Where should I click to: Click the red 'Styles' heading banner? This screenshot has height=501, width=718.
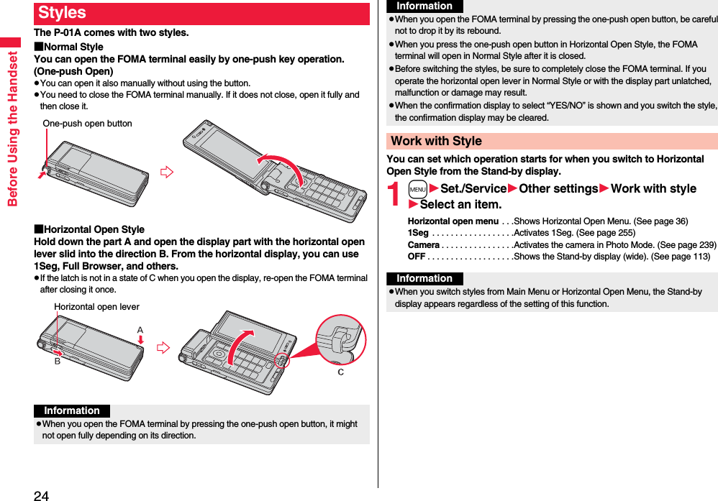201,14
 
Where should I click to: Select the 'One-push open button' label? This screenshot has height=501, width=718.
87,124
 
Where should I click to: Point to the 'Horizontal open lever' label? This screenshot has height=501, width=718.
96,307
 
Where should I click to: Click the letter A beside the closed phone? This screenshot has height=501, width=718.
140,330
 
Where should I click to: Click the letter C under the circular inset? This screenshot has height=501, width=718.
340,372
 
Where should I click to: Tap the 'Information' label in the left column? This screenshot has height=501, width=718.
72,411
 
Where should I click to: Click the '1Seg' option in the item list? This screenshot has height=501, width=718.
418,233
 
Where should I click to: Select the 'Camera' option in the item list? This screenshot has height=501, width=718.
424,245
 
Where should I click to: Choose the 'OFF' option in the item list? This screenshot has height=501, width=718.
417,257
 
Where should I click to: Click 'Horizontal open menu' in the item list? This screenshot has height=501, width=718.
453,221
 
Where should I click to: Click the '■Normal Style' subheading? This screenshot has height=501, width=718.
69,47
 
